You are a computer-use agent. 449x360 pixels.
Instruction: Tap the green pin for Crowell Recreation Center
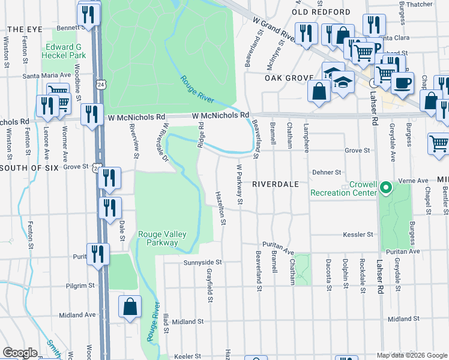387,188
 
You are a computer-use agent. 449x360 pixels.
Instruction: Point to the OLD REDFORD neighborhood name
321,12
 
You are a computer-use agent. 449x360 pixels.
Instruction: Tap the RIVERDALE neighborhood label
275,184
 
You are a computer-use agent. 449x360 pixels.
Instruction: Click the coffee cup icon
402,83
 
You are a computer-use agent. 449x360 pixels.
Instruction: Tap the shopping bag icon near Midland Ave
130,307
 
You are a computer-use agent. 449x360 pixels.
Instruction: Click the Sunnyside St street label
203,262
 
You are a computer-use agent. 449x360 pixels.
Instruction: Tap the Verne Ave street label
414,180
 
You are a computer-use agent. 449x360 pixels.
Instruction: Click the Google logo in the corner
20,353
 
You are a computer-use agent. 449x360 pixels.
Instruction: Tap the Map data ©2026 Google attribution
411,355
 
